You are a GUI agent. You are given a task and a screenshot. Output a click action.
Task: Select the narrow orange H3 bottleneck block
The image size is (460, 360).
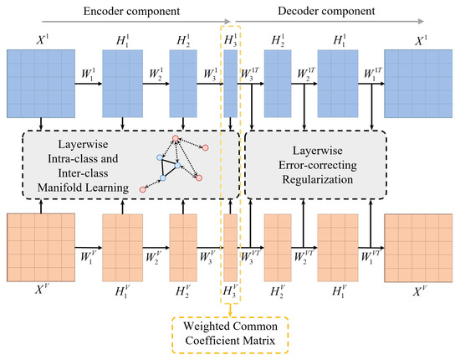coord(230,249)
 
